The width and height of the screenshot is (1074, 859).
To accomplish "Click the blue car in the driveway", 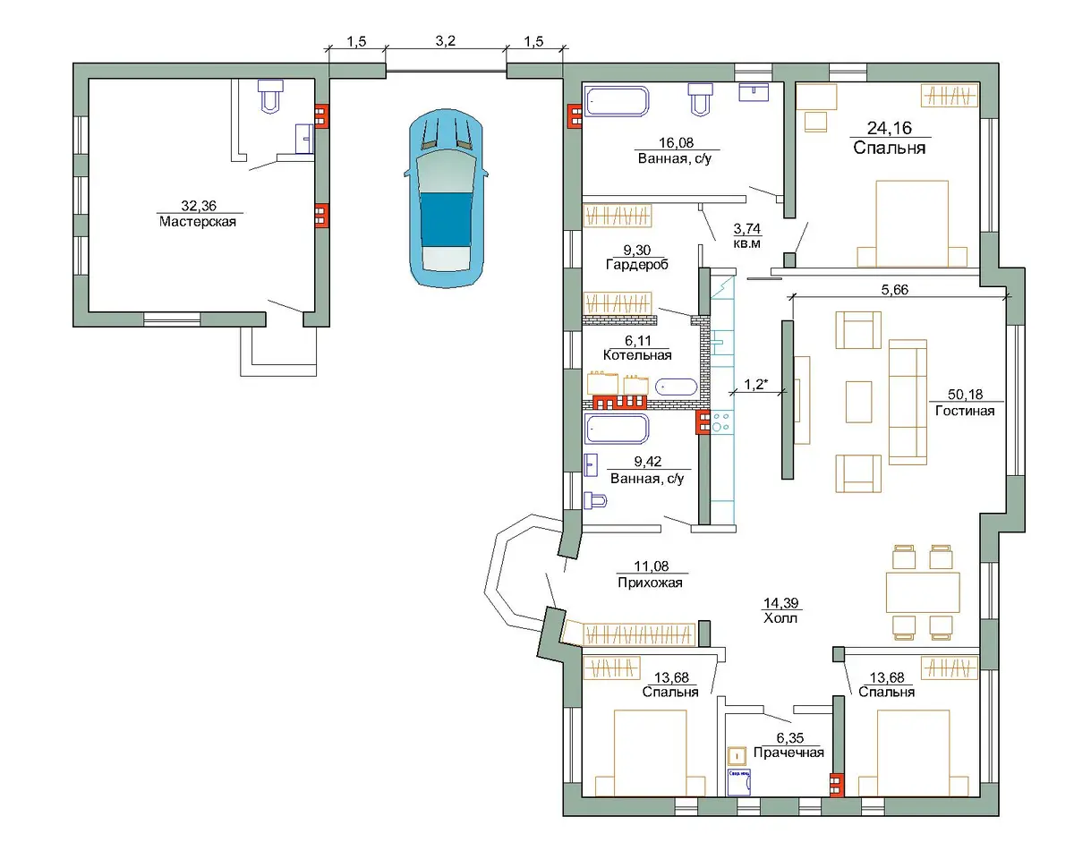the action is [446, 198].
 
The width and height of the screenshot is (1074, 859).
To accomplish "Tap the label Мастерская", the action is [198, 222].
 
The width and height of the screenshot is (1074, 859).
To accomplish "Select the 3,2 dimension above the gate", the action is [445, 41].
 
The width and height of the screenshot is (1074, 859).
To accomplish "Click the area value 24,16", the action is [890, 128].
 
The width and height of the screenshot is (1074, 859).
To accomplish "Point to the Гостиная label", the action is [965, 411].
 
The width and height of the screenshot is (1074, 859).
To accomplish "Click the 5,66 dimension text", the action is [894, 290].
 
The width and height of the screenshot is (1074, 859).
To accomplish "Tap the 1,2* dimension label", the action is [755, 384].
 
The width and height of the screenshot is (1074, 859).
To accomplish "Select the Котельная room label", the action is [637, 355].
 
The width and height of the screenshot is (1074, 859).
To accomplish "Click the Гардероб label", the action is [637, 264].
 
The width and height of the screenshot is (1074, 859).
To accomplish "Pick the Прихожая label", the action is [650, 583].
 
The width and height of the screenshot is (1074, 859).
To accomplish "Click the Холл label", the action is [780, 618].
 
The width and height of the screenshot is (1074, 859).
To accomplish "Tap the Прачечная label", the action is [788, 753].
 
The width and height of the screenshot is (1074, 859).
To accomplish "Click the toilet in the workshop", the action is [270, 96].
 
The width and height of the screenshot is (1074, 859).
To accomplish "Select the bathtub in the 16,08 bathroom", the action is [617, 101].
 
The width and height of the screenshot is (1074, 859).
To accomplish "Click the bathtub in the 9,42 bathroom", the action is [617, 429].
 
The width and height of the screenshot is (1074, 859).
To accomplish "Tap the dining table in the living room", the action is [923, 592].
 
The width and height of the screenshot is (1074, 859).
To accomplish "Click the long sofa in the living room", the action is [908, 403].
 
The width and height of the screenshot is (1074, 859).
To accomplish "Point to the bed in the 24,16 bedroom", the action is [912, 224].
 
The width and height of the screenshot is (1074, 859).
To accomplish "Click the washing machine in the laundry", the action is [738, 782].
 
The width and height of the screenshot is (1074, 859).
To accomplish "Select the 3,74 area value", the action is [746, 228].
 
